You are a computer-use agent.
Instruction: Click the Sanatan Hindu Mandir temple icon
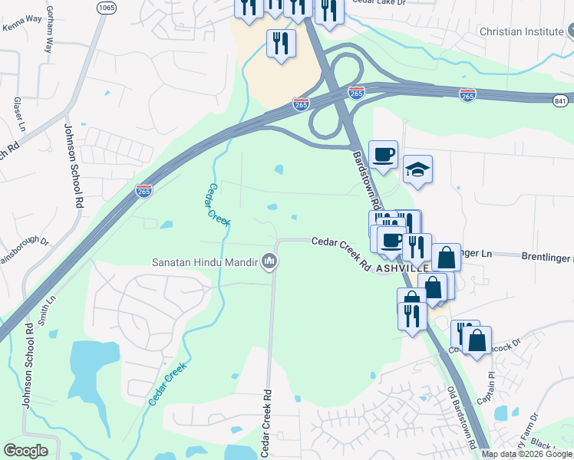[269, 261]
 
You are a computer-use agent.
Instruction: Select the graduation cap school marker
[418, 169]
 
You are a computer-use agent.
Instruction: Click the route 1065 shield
[107, 7]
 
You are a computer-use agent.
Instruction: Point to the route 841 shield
[562, 100]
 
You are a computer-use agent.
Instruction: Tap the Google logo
[25, 451]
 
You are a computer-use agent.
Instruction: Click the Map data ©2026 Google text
[526, 454]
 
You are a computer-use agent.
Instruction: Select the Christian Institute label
[520, 31]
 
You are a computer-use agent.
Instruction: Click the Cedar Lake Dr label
[378, 2]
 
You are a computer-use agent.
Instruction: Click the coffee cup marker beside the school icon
[383, 154]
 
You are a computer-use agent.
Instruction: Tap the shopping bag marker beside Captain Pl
[477, 340]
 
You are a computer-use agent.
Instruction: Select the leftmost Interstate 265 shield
[144, 190]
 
